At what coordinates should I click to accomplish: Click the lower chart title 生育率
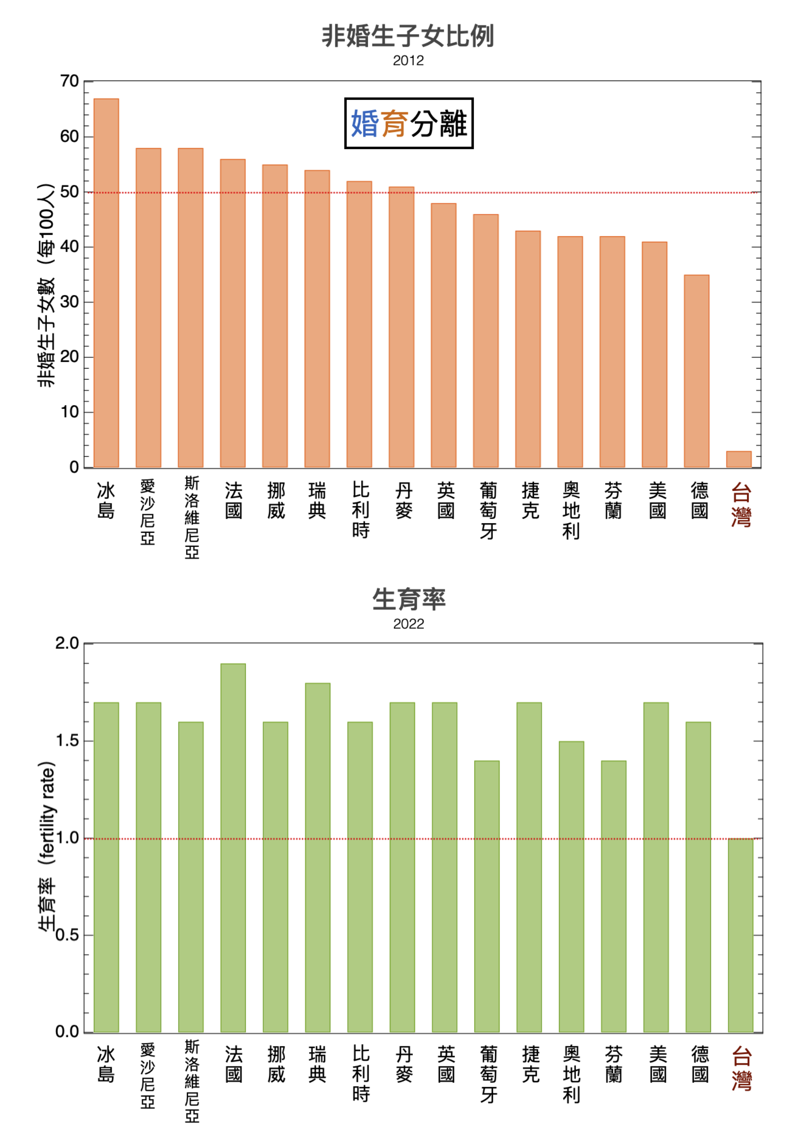coord(409,599)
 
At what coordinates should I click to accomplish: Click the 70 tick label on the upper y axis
coord(69,81)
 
